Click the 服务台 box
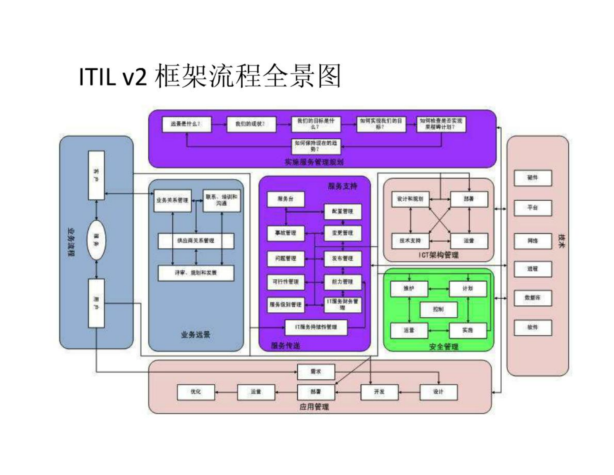(285, 199)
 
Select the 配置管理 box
(343, 212)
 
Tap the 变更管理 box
(343, 233)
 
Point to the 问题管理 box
(285, 258)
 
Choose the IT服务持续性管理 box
(316, 327)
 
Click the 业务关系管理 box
(172, 200)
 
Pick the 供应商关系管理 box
(196, 241)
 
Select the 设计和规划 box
(410, 199)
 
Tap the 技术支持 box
(410, 241)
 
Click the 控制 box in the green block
(438, 310)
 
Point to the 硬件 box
(532, 178)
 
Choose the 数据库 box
(532, 298)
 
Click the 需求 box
(316, 372)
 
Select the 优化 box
(196, 392)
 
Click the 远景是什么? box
(186, 124)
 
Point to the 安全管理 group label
(444, 347)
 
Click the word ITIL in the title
(97, 77)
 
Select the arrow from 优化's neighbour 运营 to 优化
(226, 392)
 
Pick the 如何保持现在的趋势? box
(316, 146)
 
